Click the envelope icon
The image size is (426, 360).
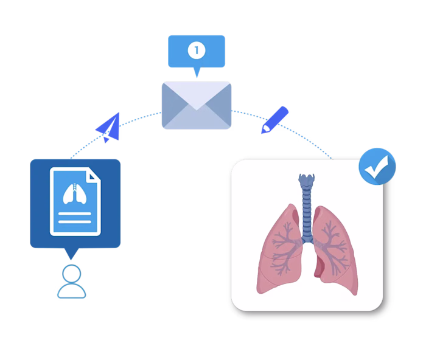pos(197,105)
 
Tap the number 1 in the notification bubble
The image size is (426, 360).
pos(197,50)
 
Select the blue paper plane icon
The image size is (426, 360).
pos(108,127)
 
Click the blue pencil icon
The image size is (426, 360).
pos(274,119)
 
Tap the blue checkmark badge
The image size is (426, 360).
pos(377,165)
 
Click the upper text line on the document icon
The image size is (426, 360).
pos(75,214)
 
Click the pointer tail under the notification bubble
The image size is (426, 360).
pos(197,72)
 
